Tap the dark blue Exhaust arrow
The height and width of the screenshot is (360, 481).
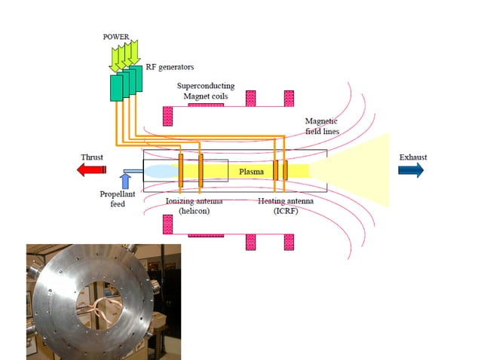tap(411, 170)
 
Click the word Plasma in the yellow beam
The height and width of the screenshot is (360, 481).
tap(251, 172)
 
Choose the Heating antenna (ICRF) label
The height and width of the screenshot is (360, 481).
tap(283, 206)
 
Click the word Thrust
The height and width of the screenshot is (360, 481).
tap(93, 157)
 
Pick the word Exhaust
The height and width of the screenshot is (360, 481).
tap(412, 157)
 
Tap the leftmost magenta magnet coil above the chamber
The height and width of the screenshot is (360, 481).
tap(168, 115)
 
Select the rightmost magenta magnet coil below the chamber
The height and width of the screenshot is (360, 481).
tap(288, 242)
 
